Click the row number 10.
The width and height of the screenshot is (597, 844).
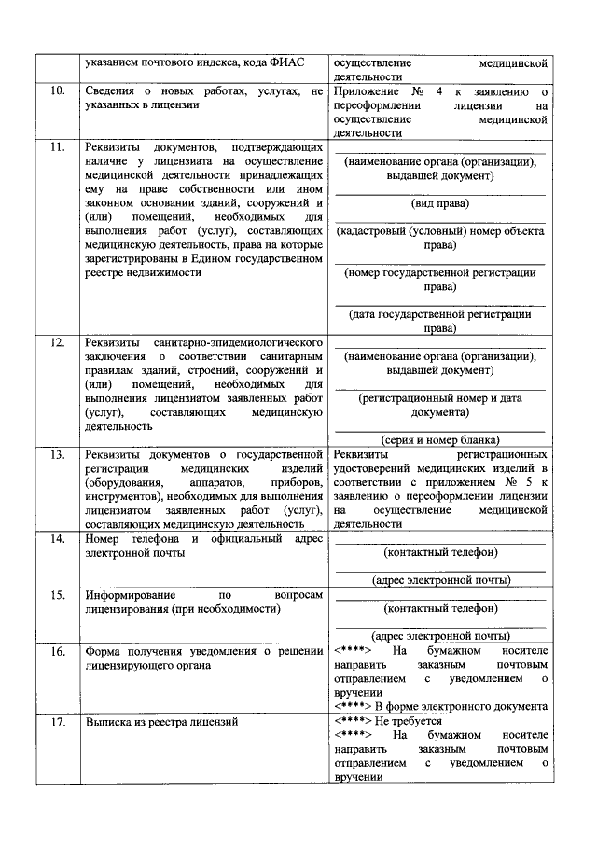pos(57,92)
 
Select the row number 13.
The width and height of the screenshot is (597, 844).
pos(57,454)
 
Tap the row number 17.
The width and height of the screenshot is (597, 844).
pos(57,722)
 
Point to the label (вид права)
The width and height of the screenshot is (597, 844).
pos(440,202)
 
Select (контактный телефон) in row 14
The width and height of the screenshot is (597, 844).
pos(440,552)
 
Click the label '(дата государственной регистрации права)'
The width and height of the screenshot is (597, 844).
pos(440,322)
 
